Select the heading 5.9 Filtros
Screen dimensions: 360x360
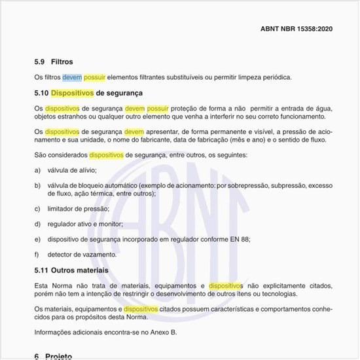[54, 62]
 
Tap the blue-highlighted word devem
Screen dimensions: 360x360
[72, 77]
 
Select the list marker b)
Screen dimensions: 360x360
[37, 186]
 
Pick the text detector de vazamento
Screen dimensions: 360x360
[81, 253]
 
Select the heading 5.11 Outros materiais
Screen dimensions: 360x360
[71, 269]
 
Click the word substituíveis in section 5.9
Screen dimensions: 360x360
[190, 77]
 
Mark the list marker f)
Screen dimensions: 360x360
[37, 253]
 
